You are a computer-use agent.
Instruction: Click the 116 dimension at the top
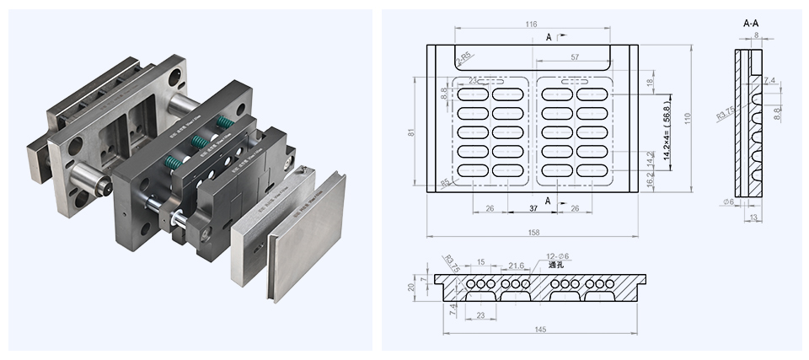tap(531, 25)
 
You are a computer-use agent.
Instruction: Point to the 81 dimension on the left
tap(410, 133)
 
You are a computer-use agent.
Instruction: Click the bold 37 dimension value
tap(534, 208)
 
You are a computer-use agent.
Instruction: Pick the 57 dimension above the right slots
tap(574, 57)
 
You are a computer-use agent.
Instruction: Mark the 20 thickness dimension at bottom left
tap(410, 287)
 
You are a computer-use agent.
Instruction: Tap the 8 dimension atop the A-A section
tap(755, 35)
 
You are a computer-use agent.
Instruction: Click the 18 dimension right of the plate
tap(649, 82)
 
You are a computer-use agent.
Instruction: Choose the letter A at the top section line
tap(549, 38)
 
